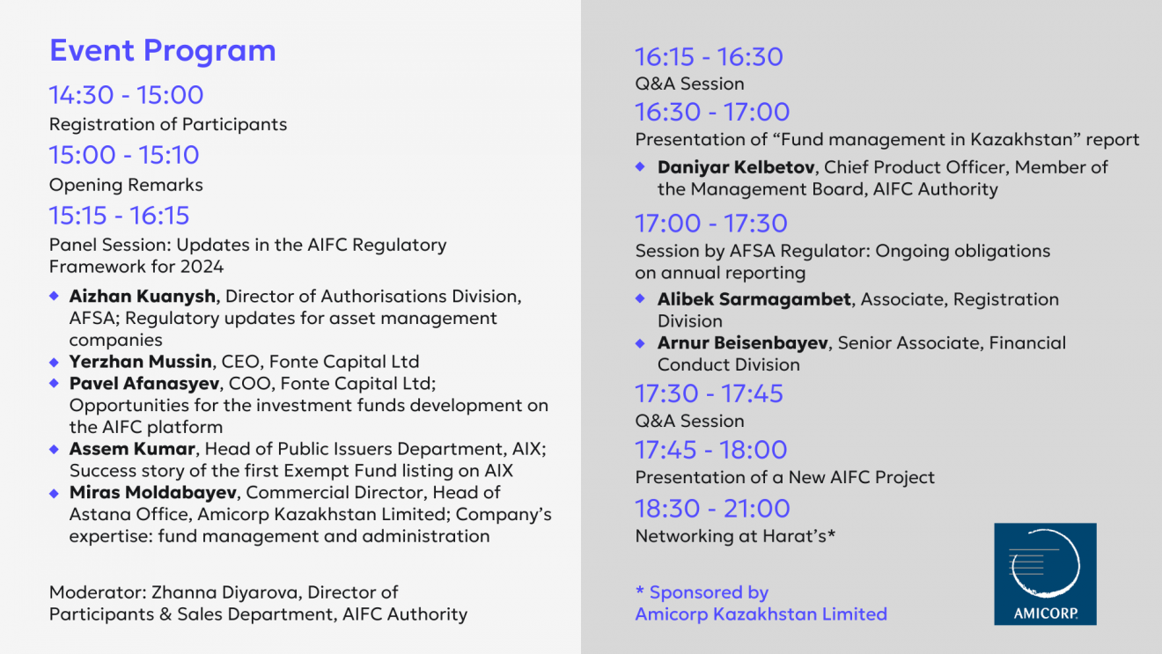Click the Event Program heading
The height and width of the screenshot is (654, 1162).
(162, 51)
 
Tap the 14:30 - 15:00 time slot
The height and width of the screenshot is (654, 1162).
(126, 95)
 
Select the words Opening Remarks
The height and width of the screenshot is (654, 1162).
(126, 185)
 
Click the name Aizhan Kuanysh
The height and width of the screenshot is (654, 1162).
(142, 296)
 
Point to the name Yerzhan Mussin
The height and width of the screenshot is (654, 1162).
(141, 362)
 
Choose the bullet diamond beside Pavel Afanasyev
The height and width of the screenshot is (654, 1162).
(54, 383)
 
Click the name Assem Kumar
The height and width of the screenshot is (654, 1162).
(132, 449)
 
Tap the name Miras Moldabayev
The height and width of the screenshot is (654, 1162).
(153, 492)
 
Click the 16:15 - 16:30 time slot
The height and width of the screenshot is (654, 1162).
(710, 56)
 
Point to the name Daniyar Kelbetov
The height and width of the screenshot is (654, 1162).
(736, 167)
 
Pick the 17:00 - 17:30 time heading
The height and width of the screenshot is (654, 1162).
(711, 224)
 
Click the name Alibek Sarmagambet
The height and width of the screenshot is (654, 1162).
(754, 299)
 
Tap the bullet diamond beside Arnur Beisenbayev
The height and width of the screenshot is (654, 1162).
(640, 342)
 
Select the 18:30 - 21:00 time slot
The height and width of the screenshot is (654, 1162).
(712, 509)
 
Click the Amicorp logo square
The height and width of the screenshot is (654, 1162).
(1045, 574)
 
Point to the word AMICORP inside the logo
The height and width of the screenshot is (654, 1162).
(1045, 614)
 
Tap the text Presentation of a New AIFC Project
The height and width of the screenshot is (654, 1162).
(785, 477)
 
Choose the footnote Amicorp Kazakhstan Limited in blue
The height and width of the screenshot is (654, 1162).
(761, 614)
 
